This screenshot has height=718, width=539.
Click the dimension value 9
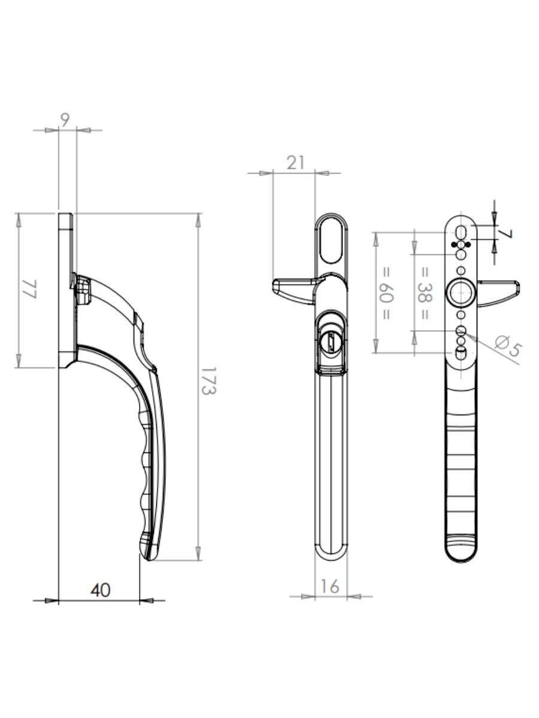[x=65, y=120]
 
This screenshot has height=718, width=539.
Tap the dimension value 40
[x=101, y=590]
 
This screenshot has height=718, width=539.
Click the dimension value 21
[x=295, y=162]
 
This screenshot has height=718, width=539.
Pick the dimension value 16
[x=330, y=586]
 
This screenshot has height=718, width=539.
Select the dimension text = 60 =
[x=386, y=291]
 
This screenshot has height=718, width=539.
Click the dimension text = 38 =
[x=424, y=293]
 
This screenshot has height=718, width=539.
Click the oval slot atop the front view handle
[x=331, y=239]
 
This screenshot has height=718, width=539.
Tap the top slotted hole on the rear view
[x=461, y=232]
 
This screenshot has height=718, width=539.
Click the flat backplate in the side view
[x=66, y=287]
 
